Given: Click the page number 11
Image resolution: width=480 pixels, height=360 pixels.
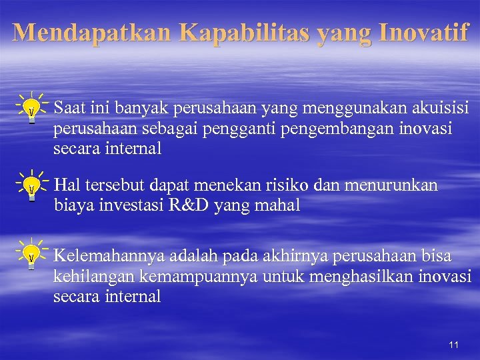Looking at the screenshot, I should (x=453, y=345).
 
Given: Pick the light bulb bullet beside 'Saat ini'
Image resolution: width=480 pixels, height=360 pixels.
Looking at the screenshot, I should (x=31, y=109).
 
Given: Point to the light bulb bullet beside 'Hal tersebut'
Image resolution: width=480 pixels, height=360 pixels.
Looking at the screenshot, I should (x=31, y=187).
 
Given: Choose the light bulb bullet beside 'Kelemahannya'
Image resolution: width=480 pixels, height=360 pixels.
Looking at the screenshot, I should (x=31, y=256).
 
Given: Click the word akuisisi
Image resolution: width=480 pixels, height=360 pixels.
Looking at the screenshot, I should (x=436, y=107).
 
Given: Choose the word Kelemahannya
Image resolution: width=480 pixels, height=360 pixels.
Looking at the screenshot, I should (x=109, y=256).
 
